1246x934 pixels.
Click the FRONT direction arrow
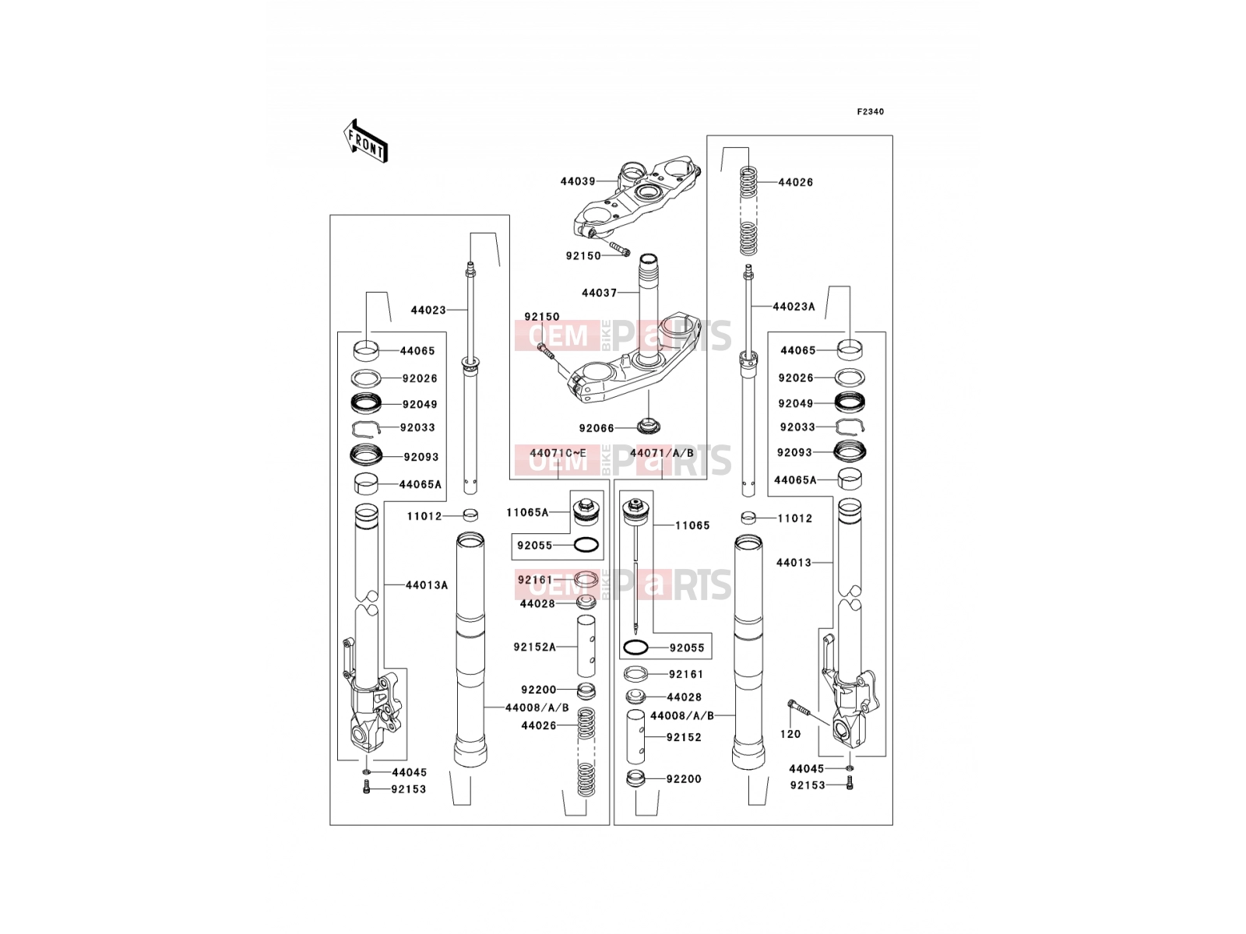point(365,141)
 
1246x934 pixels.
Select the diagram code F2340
point(870,112)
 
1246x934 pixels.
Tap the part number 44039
point(577,181)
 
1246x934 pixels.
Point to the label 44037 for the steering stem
point(599,293)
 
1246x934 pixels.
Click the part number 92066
point(596,428)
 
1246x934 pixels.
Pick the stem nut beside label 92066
point(649,426)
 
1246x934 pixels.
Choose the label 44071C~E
point(558,453)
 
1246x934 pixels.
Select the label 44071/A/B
point(661,453)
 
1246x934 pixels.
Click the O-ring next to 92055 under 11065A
point(586,546)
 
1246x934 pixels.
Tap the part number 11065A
point(527,513)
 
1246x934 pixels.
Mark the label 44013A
point(426,585)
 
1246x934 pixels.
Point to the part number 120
point(790,734)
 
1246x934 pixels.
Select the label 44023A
point(794,307)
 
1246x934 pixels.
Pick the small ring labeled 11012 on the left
point(470,515)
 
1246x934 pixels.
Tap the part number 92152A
point(535,647)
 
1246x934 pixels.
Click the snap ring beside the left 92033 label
point(366,430)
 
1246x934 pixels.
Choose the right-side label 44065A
point(795,480)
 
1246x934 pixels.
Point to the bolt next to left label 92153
point(367,787)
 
